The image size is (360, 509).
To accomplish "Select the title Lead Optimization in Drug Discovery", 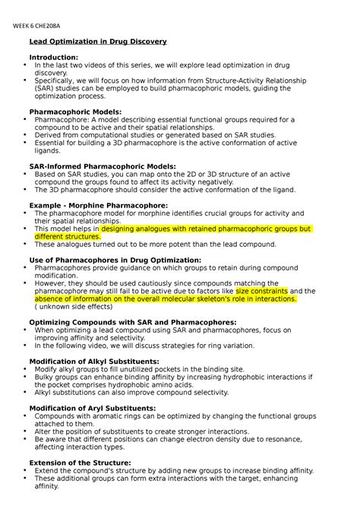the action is click(x=97, y=41).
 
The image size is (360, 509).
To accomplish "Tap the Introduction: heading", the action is click(x=53, y=58).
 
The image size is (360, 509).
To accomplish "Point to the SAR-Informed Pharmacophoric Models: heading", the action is click(x=102, y=165).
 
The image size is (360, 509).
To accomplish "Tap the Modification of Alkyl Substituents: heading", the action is click(x=93, y=361).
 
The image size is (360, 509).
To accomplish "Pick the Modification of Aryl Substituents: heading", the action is click(x=92, y=408).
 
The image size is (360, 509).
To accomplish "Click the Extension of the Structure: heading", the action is click(x=80, y=462).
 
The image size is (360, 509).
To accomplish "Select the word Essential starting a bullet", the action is click(x=52, y=142).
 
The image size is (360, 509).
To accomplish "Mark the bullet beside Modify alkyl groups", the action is click(x=17, y=369).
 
